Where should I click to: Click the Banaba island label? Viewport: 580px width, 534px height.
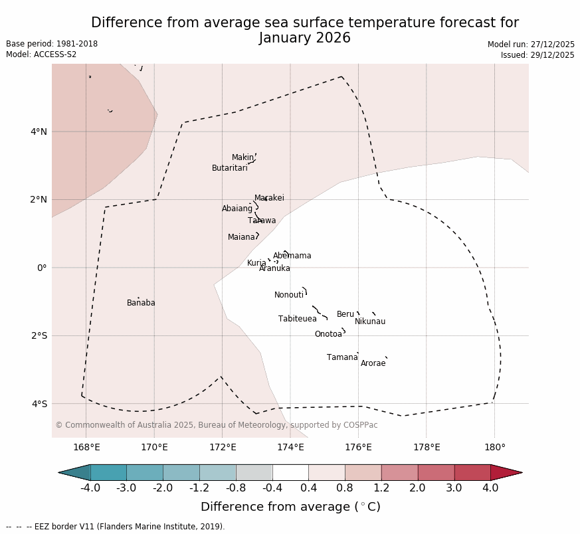pyautogui.click(x=141, y=303)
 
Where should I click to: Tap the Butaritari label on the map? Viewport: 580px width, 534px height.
pyautogui.click(x=229, y=168)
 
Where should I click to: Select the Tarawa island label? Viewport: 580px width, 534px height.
pyautogui.click(x=262, y=221)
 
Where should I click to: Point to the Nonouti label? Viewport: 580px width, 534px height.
pyautogui.click(x=289, y=295)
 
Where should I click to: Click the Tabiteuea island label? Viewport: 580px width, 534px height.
pyautogui.click(x=297, y=319)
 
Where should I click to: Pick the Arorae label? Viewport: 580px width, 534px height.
pyautogui.click(x=373, y=363)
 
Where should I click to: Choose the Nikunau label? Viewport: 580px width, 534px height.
pyautogui.click(x=369, y=321)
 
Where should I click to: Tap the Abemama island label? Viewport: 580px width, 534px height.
pyautogui.click(x=292, y=256)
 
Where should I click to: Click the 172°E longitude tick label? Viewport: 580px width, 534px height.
pyautogui.click(x=223, y=447)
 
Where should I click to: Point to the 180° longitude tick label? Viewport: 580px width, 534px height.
pyautogui.click(x=494, y=447)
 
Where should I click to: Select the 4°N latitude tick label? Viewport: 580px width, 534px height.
pyautogui.click(x=39, y=132)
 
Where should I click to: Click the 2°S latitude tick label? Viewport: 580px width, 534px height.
pyautogui.click(x=39, y=335)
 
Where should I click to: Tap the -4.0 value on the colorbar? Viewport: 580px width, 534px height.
pyautogui.click(x=90, y=488)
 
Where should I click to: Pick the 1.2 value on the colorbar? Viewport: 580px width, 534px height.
pyautogui.click(x=381, y=488)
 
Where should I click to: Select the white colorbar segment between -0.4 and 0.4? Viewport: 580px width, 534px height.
pyautogui.click(x=290, y=472)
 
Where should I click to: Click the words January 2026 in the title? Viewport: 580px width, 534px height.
pyautogui.click(x=305, y=38)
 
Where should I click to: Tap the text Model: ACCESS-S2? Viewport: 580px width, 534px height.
pyautogui.click(x=41, y=54)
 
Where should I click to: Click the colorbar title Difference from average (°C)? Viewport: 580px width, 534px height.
pyautogui.click(x=290, y=507)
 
